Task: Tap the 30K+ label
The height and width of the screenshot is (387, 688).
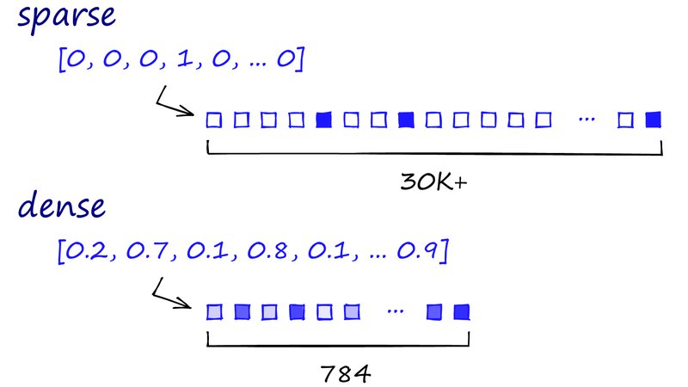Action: click(x=434, y=182)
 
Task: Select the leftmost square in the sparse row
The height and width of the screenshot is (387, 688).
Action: click(x=213, y=120)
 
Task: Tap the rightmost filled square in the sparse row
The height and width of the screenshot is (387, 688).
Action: click(x=654, y=120)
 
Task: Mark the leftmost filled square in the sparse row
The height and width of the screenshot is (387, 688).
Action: click(x=323, y=120)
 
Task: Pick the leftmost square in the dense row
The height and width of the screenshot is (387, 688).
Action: click(x=215, y=310)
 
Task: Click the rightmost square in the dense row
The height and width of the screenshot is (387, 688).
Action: click(x=462, y=310)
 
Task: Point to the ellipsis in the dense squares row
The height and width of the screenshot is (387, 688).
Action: click(x=395, y=310)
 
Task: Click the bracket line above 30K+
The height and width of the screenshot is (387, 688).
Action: click(x=434, y=156)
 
